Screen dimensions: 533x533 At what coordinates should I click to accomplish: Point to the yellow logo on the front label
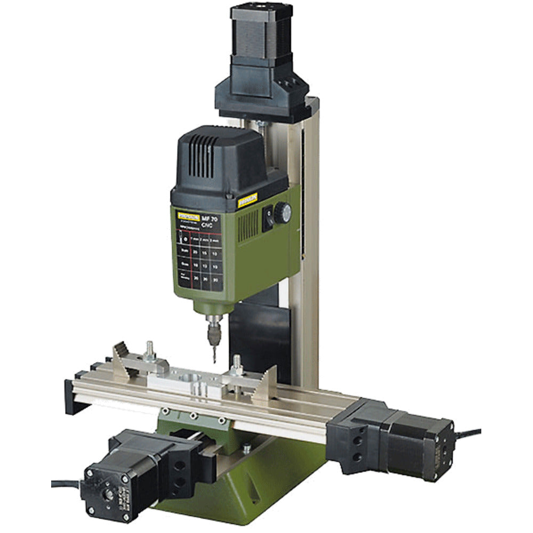coord(187,216)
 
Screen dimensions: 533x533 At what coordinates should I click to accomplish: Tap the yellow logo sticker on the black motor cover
coord(247,200)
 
